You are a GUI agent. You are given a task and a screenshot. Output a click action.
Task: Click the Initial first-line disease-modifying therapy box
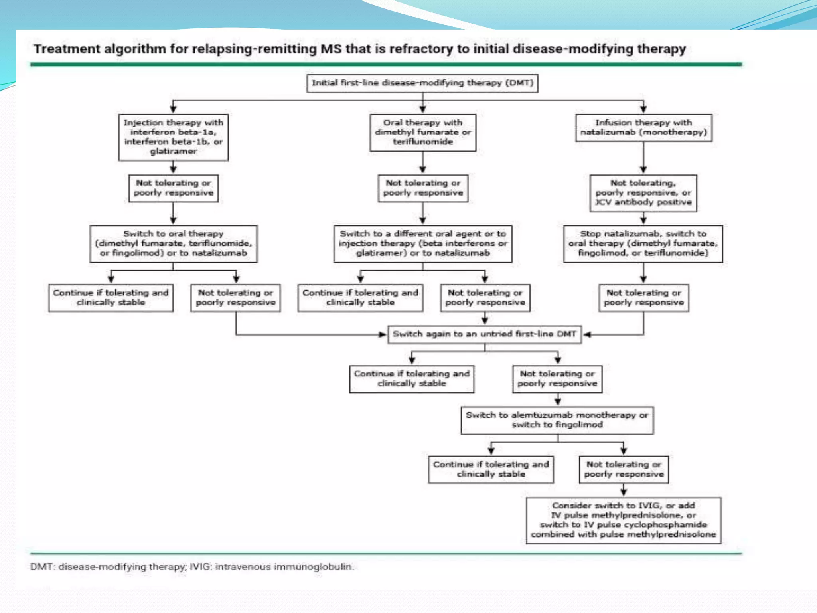(422, 83)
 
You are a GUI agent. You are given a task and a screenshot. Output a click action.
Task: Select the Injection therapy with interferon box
(173, 137)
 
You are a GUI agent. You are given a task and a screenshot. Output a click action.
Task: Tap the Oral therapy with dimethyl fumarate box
(422, 132)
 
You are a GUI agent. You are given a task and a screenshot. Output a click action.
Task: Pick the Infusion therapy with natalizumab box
(643, 127)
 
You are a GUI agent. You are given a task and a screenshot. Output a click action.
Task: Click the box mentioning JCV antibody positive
(643, 193)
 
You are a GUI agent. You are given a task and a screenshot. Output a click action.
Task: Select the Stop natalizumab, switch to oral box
(643, 243)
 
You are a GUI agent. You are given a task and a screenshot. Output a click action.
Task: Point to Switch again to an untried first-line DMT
(484, 334)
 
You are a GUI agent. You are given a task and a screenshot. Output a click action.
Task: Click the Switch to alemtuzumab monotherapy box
(557, 420)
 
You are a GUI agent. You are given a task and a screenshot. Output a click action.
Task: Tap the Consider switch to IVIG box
(623, 520)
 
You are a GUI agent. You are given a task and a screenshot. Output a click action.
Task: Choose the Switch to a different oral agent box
(422, 243)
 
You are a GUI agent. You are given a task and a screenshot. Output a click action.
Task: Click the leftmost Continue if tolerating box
(111, 297)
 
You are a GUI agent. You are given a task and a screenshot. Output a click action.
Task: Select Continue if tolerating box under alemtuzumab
(491, 469)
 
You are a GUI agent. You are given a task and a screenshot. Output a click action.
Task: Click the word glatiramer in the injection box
(173, 151)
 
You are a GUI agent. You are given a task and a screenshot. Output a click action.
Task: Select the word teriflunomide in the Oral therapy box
(422, 142)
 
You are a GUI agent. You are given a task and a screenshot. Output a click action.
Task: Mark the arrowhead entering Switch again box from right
(587, 334)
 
